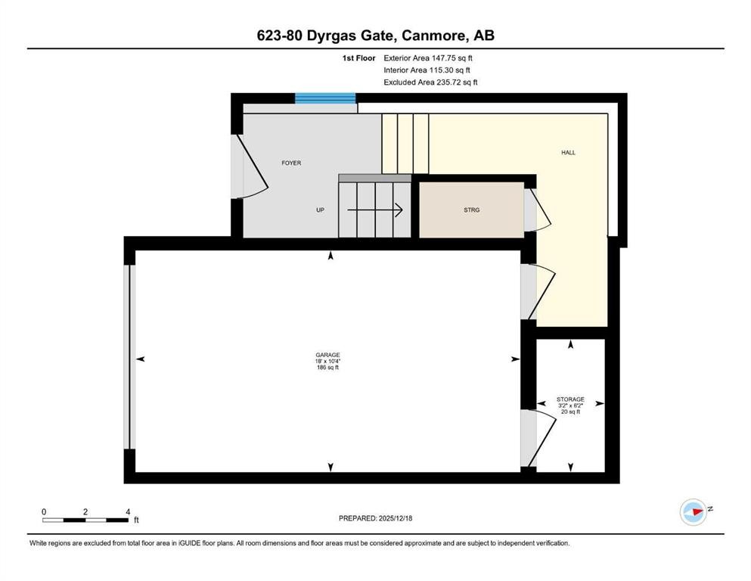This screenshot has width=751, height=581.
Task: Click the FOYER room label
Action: pos(291,163)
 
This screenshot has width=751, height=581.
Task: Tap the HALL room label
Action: pos(568,153)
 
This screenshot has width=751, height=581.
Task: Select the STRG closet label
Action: pos(471,210)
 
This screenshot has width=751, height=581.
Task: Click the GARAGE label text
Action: pos(327,355)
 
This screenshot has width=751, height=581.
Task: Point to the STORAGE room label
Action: pos(570,399)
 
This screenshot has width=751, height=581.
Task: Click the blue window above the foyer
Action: pos(324,98)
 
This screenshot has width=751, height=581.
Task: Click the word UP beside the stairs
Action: pos(321,210)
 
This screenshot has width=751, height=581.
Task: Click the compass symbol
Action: pos(693,512)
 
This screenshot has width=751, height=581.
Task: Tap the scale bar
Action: pos(85,520)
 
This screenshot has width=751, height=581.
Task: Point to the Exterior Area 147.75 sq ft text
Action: pos(429,57)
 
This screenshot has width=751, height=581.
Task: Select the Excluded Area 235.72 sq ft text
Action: pos(430,82)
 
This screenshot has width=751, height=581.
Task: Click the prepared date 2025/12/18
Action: pos(375,518)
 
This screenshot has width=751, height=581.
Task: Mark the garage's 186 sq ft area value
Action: pos(327,368)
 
